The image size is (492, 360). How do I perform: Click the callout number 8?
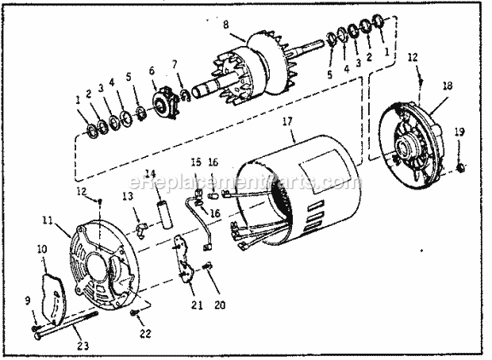(226, 24)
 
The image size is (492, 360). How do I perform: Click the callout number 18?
(448, 86)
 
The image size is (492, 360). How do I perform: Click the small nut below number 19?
(461, 168)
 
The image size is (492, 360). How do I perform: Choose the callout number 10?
(42, 249)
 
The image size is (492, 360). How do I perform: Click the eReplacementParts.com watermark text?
(238, 184)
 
